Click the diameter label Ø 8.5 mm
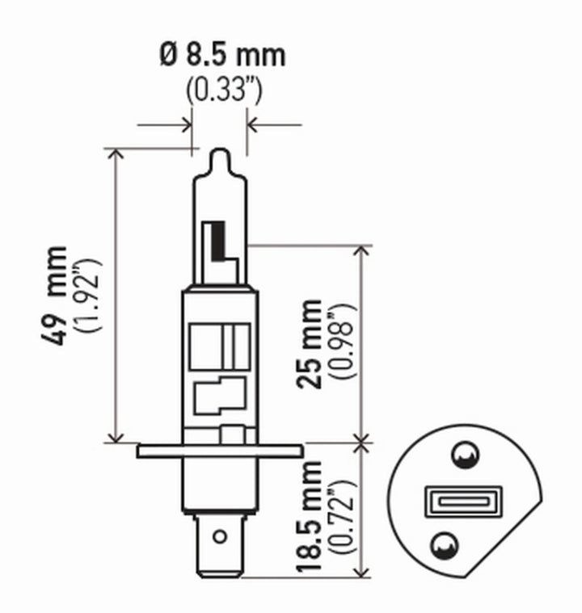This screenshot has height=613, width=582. (x=222, y=56)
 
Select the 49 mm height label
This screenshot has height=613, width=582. (x=57, y=296)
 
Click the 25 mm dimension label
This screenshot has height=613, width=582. (x=309, y=343)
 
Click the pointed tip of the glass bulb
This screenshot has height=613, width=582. (x=220, y=153)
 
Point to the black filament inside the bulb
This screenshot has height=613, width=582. (x=217, y=241)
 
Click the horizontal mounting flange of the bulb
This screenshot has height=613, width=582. (x=220, y=450)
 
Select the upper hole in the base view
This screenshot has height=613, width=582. (x=463, y=457)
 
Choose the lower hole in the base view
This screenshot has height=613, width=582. (x=442, y=546)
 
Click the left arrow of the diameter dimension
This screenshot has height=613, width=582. (x=185, y=125)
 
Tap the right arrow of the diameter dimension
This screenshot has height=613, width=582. (x=253, y=125)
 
